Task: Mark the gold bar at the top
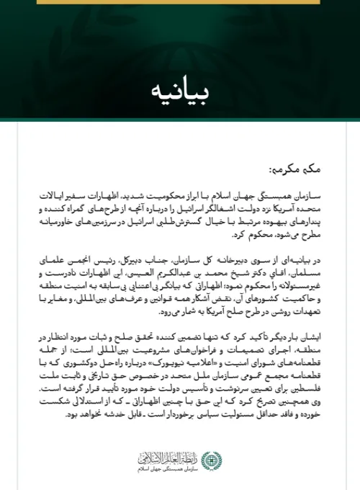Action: (180, 2)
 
